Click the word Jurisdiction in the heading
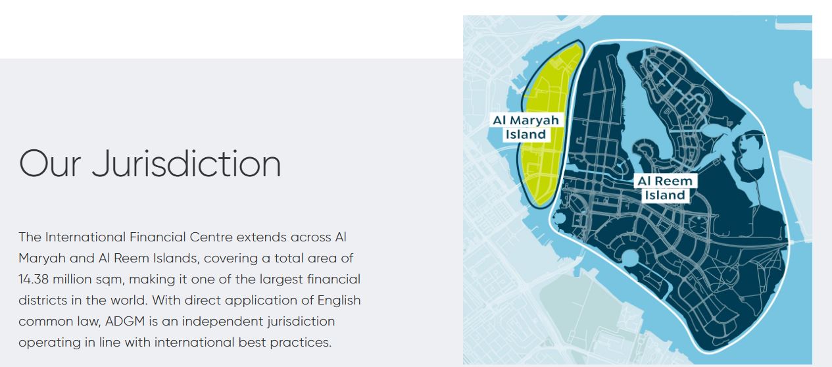(x=187, y=164)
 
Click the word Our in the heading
(x=50, y=164)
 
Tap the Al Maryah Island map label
(x=526, y=127)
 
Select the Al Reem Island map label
(x=665, y=188)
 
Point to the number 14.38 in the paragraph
(x=34, y=279)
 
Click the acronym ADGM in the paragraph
(x=125, y=321)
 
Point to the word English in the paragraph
(x=339, y=300)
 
